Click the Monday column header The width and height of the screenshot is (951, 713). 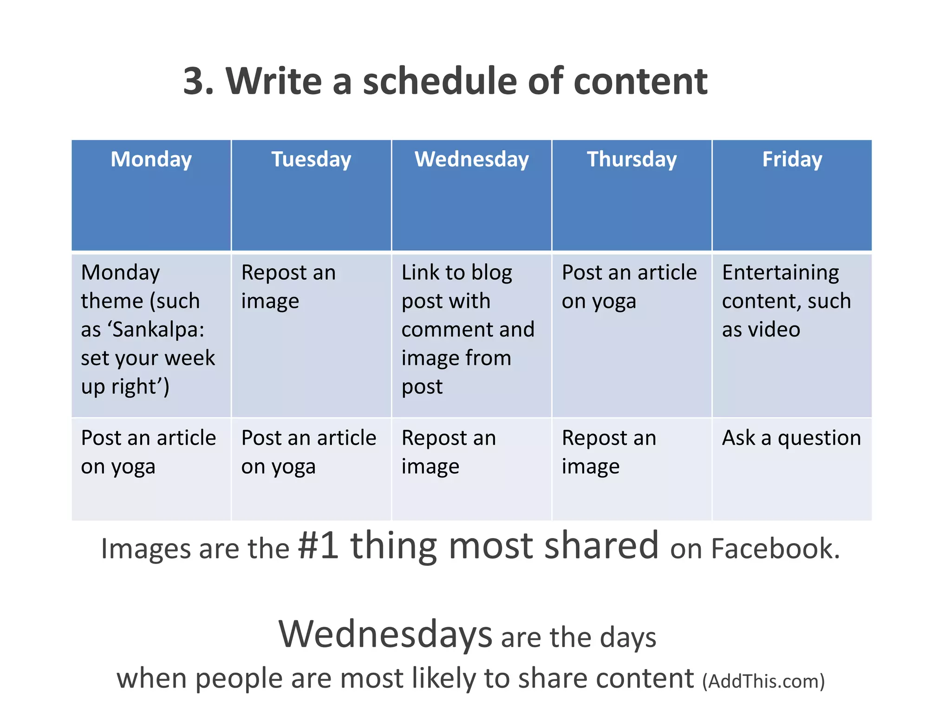[151, 159]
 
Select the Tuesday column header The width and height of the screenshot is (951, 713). [311, 159]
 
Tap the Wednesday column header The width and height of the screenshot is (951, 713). [472, 159]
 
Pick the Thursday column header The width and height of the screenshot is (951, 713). [632, 159]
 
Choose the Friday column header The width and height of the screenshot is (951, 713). [792, 159]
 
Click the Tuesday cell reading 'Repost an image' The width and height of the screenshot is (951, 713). [288, 286]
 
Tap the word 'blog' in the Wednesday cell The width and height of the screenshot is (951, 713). [492, 273]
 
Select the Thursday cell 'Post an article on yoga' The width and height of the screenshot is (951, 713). [629, 286]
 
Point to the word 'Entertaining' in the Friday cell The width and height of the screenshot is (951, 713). [781, 272]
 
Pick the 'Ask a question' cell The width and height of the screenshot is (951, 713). [791, 438]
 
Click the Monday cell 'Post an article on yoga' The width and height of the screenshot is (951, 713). [148, 452]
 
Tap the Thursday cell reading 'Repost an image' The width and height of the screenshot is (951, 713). [609, 452]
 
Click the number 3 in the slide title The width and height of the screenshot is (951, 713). [195, 81]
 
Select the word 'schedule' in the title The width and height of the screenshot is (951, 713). [439, 81]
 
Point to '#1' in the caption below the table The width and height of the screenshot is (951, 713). [318, 546]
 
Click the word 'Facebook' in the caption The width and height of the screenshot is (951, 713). [775, 549]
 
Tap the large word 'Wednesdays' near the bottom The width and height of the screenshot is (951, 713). [385, 634]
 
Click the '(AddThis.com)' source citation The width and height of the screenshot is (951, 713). [763, 681]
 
